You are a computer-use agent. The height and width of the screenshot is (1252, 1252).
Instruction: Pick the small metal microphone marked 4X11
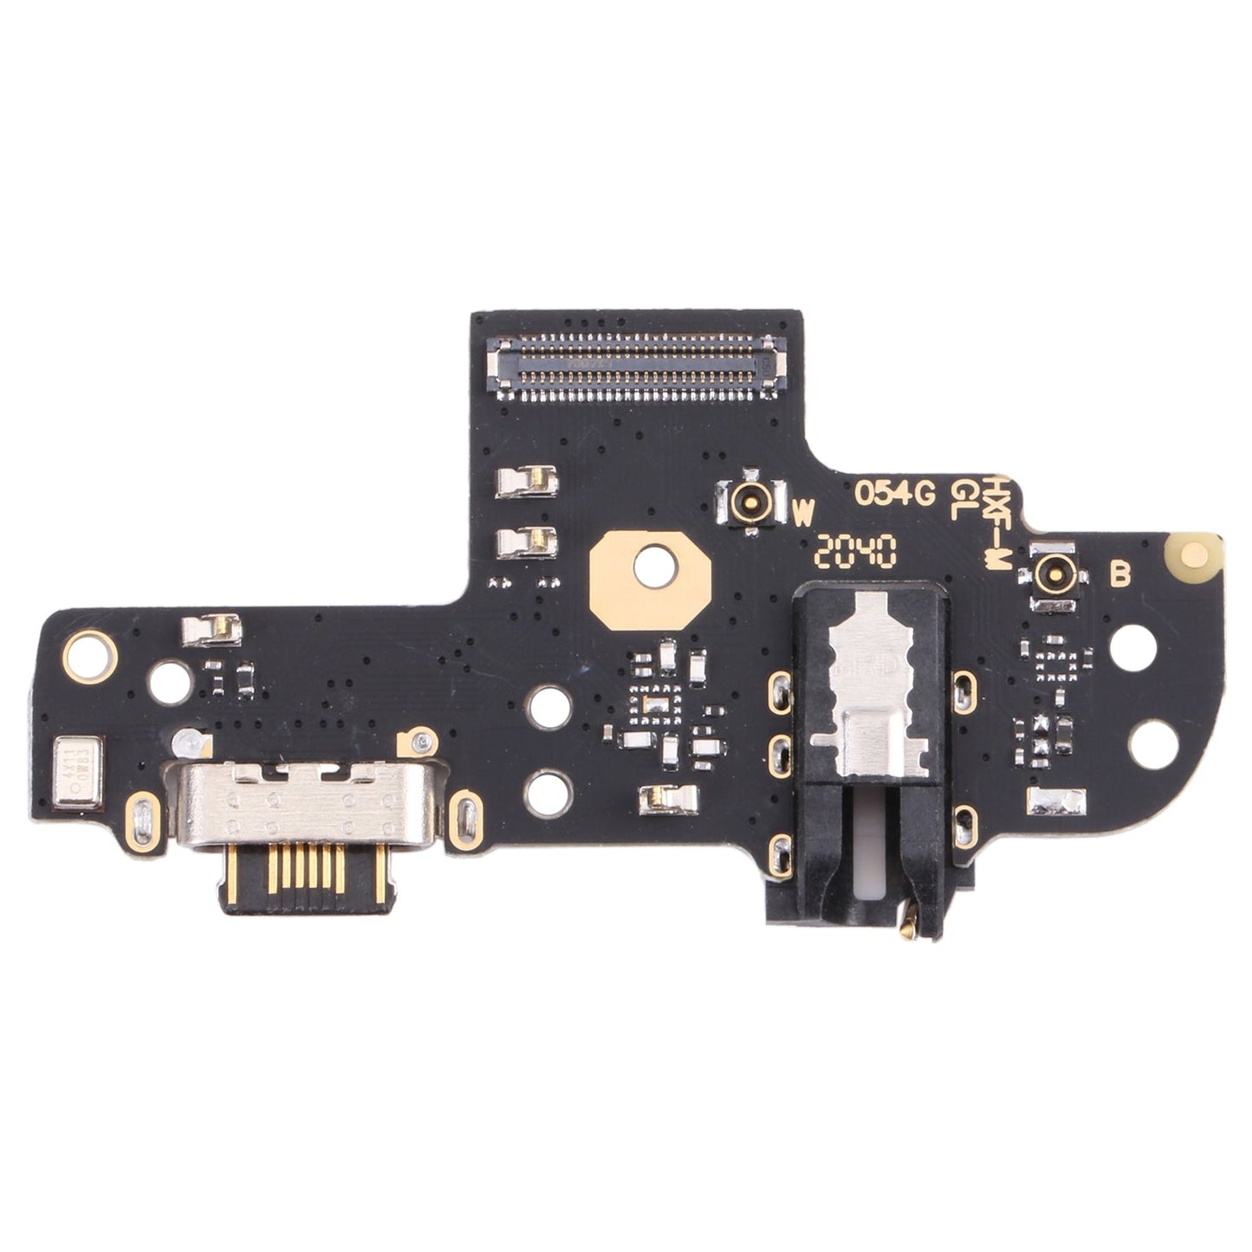click(79, 760)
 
